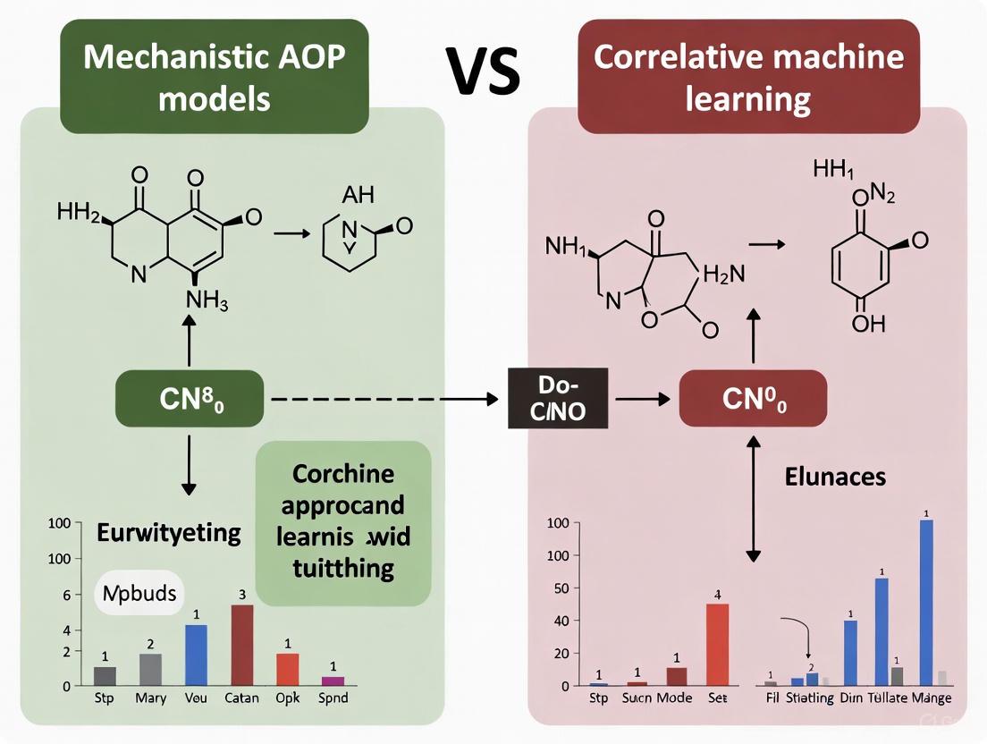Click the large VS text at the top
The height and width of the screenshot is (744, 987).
pyautogui.click(x=485, y=72)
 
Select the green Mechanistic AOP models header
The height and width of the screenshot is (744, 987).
pyautogui.click(x=215, y=76)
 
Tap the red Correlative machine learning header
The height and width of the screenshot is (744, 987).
pyautogui.click(x=748, y=76)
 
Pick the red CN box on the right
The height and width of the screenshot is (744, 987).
pyautogui.click(x=754, y=400)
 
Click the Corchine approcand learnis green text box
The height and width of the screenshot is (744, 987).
pyautogui.click(x=343, y=520)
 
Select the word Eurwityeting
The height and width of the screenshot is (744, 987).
pyautogui.click(x=168, y=534)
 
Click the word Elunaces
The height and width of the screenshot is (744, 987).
pyautogui.click(x=835, y=477)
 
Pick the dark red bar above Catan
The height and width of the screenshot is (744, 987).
pyautogui.click(x=242, y=645)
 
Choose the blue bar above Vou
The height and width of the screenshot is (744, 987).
pyautogui.click(x=196, y=655)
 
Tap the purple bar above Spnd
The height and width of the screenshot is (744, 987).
pyautogui.click(x=333, y=681)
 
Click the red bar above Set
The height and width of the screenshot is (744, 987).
pyautogui.click(x=718, y=644)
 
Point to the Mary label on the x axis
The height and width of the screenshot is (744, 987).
pyautogui.click(x=151, y=698)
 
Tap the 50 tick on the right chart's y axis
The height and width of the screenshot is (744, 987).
pyautogui.click(x=561, y=588)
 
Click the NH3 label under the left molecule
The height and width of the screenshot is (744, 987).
pyautogui.click(x=207, y=301)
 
